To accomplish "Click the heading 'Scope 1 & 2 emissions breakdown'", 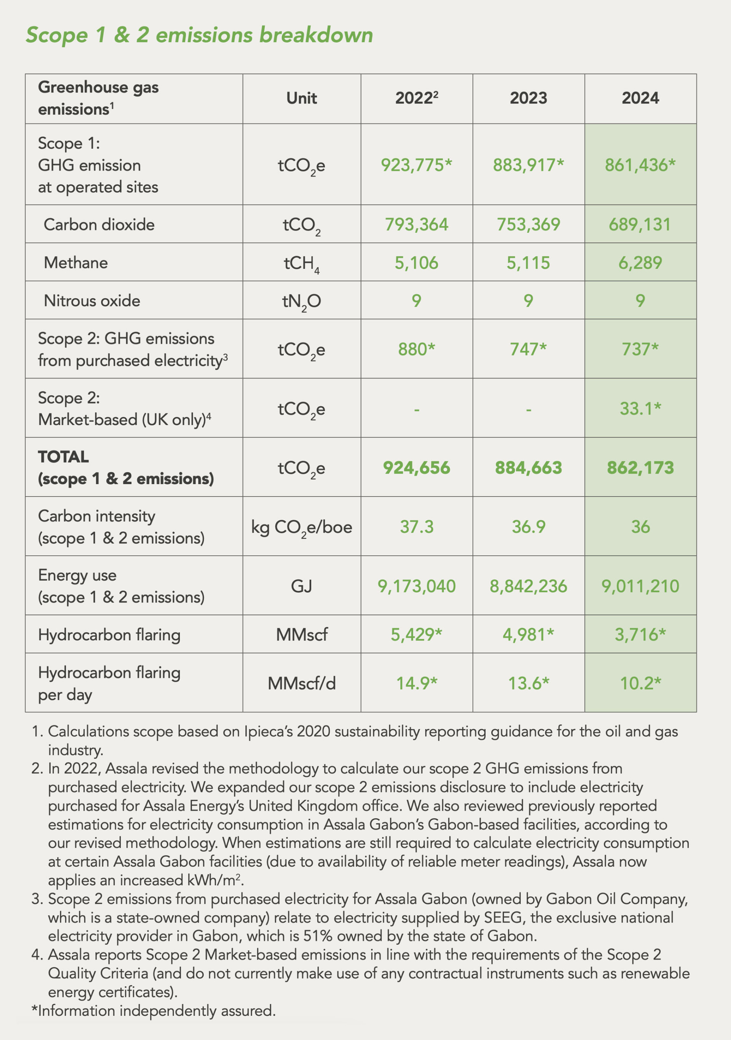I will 199,35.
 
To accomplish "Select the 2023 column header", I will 528,98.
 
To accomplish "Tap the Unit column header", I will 301,98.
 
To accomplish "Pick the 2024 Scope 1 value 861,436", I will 640,165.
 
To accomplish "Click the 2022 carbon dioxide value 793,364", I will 416,225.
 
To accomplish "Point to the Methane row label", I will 76,263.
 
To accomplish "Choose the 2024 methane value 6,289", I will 640,263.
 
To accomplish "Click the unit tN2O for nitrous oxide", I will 301,301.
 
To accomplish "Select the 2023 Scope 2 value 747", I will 528,349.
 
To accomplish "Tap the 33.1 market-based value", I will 640,409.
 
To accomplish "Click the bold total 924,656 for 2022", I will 416,468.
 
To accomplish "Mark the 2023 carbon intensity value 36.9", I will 528,527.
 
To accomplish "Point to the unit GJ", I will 301,586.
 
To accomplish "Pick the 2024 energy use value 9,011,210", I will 640,586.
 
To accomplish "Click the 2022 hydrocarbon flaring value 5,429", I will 416,635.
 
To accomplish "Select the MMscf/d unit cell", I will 301,683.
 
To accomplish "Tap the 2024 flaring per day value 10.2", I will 640,683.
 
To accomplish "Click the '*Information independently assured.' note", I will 153,1011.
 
